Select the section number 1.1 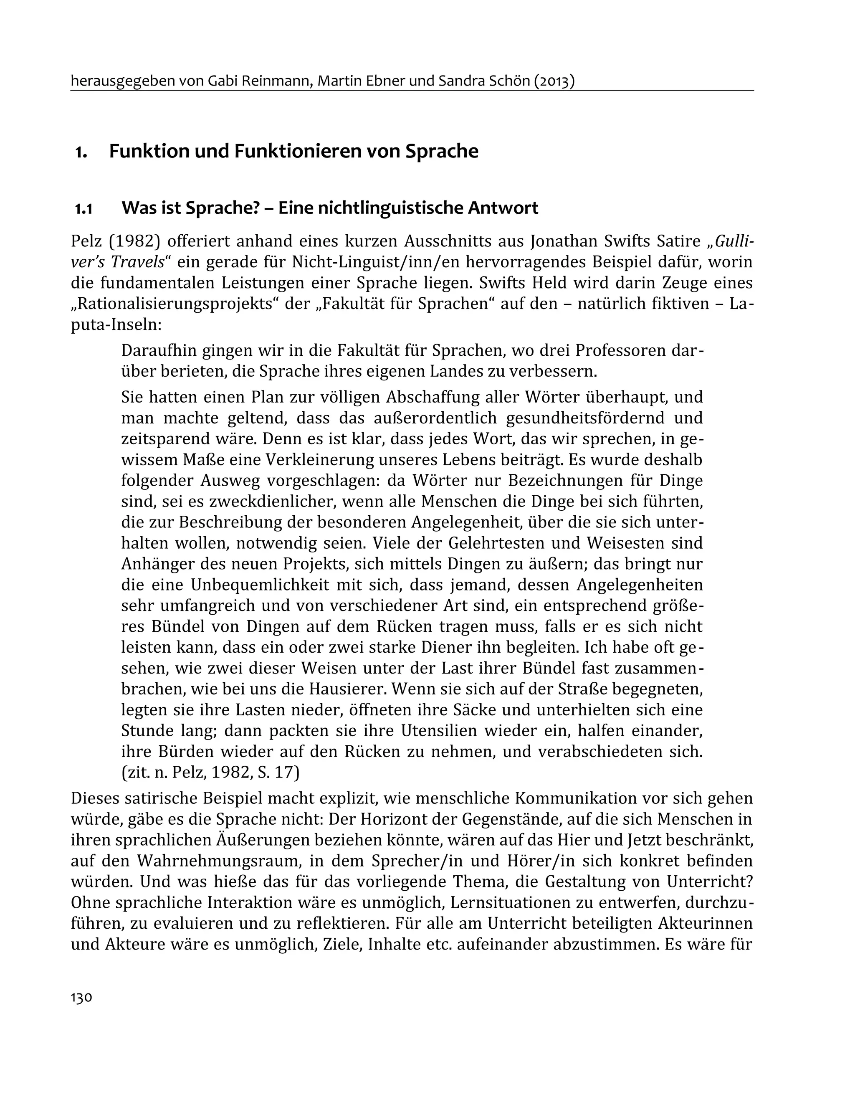(83, 209)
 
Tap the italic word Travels (142, 262)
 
